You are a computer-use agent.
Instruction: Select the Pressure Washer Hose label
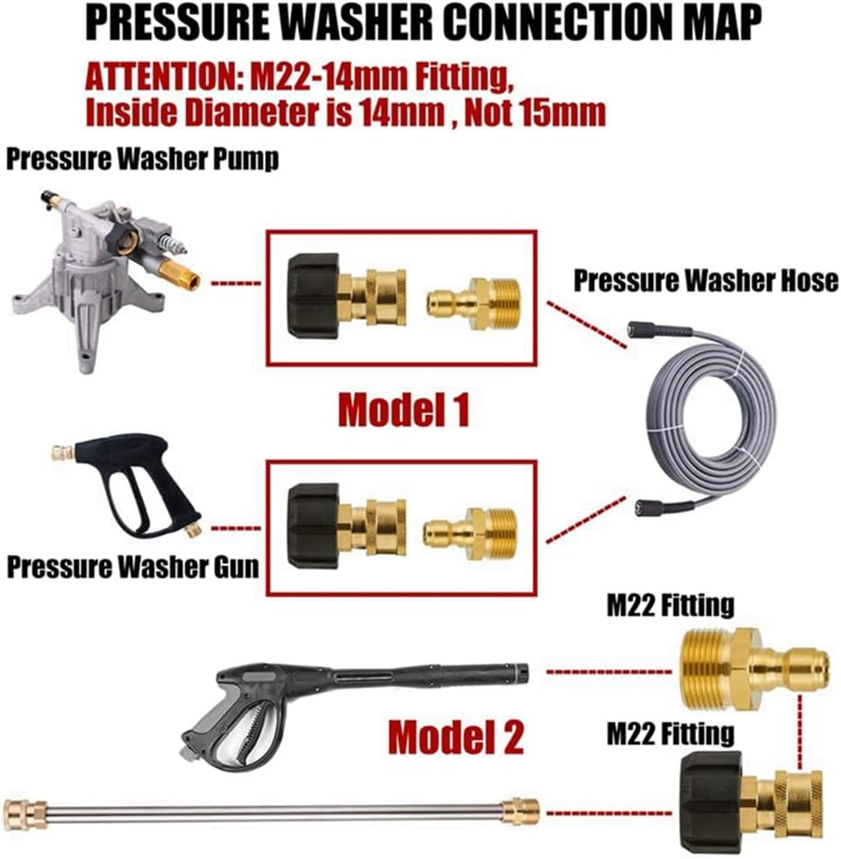[x=704, y=281]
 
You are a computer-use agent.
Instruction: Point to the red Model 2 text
[x=455, y=737]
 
